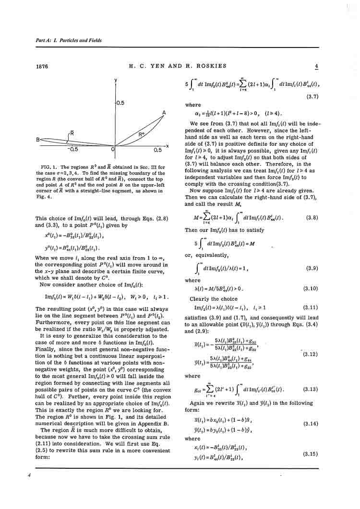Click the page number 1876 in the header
(42, 67)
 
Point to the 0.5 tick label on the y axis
(120, 103)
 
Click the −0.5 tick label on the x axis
(72, 150)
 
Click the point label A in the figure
(164, 112)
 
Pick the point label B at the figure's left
(38, 140)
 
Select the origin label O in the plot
(113, 150)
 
